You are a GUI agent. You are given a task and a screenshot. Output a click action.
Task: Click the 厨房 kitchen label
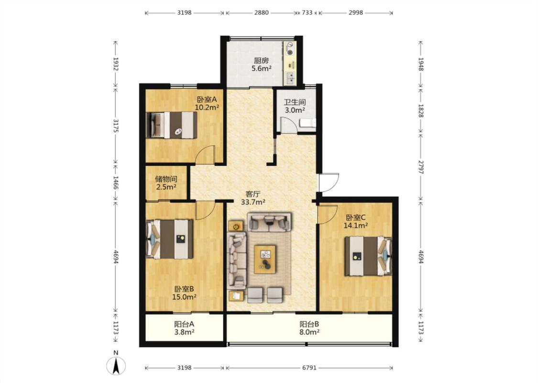click(261, 61)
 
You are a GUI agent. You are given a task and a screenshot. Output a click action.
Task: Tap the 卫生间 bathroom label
click(295, 102)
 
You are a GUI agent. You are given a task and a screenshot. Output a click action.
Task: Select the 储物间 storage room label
click(166, 179)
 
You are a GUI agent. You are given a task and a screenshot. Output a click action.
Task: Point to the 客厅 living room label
click(253, 194)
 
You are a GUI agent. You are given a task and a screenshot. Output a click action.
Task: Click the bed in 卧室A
click(172, 125)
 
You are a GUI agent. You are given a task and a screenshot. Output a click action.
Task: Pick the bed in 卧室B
click(169, 239)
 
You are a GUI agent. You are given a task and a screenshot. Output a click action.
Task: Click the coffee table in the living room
click(265, 259)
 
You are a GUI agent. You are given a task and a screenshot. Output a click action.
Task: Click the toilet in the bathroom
click(308, 124)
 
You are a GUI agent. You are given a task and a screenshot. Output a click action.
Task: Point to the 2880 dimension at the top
click(262, 13)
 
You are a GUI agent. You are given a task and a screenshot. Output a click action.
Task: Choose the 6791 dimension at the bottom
click(309, 368)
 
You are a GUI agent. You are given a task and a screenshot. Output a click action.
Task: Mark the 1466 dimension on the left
click(116, 183)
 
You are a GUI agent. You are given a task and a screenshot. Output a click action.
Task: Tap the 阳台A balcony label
click(184, 324)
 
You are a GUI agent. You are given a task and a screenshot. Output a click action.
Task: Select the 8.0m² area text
click(309, 332)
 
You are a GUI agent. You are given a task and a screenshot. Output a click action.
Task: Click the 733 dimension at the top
click(307, 13)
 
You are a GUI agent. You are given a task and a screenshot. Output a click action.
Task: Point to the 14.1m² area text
click(356, 225)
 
